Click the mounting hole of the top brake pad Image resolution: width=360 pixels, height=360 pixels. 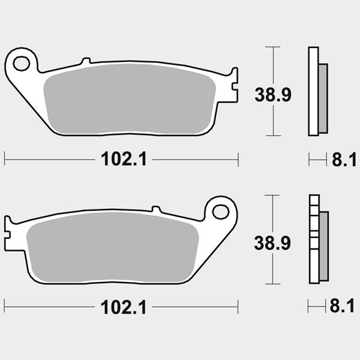coord(22,64)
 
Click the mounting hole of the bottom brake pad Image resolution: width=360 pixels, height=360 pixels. coord(221,212)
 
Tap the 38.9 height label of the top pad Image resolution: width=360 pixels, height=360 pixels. coord(273,95)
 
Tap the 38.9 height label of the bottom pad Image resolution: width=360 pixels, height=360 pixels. coord(272,243)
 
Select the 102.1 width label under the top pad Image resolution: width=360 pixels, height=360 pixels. coord(124,159)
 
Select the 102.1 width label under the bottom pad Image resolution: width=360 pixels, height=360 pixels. coord(124,307)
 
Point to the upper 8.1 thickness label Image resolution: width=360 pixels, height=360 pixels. coord(344,160)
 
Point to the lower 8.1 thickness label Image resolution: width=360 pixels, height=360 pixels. coord(342,306)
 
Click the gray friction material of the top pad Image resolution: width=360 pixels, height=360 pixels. coord(130,99)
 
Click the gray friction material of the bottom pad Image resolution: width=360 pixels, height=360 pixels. coord(113,247)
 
